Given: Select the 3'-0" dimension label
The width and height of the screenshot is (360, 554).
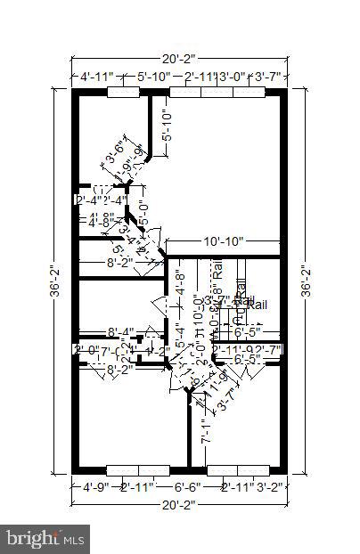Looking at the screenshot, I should click(x=232, y=77).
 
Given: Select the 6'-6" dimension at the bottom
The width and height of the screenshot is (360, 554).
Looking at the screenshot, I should click(x=186, y=487).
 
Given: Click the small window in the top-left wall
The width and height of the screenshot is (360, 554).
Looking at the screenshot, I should click(x=123, y=91).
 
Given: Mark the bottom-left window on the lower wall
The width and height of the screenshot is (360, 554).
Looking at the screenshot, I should click(x=137, y=469).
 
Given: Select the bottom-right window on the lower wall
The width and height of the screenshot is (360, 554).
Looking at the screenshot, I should click(x=238, y=469).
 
